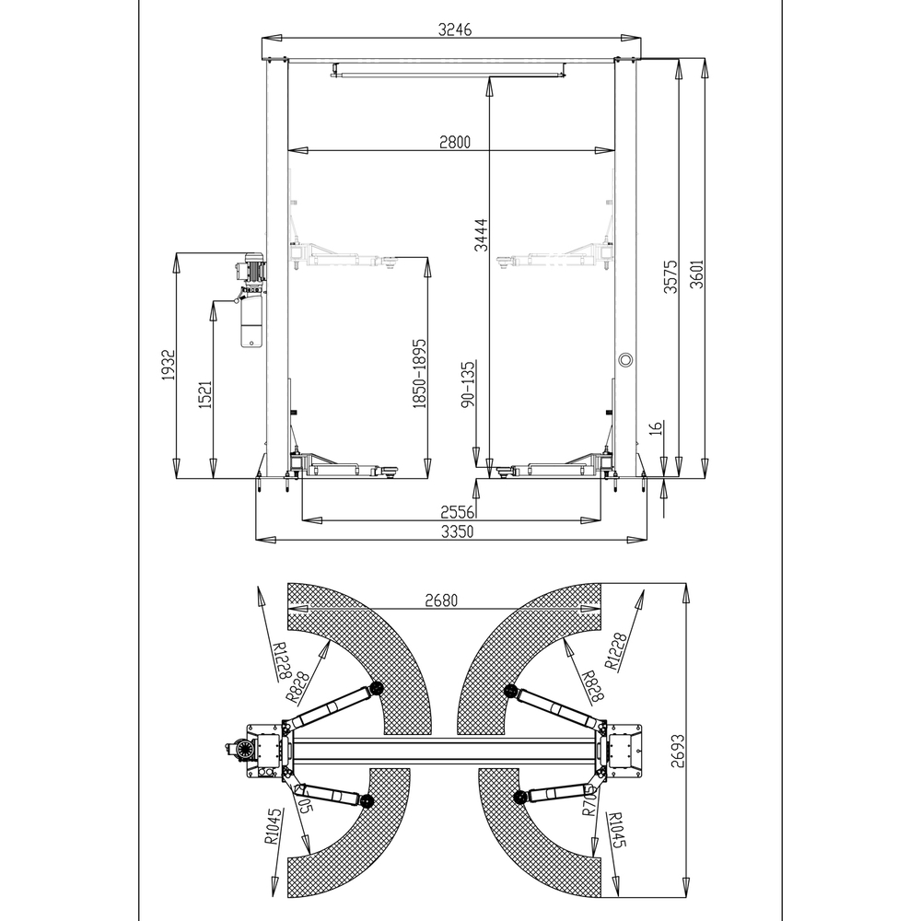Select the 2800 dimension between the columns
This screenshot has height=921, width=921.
tap(454, 142)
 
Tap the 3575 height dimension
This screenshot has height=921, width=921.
tap(671, 275)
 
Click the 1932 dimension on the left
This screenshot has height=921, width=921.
tap(168, 366)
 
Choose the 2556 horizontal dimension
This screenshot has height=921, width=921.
tap(457, 511)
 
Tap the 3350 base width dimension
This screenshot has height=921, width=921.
tap(457, 531)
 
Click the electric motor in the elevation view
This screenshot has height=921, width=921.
tap(251, 271)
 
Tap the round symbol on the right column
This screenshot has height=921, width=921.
tap(625, 358)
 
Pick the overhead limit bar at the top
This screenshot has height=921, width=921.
tap(448, 68)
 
